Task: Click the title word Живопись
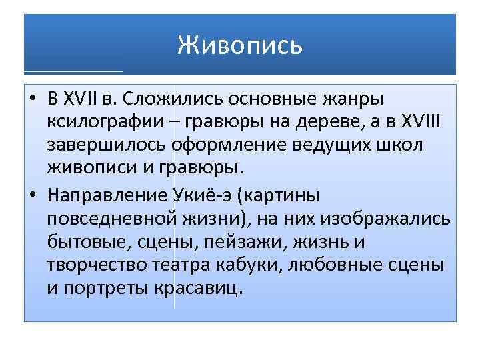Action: (x=240, y=45)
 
